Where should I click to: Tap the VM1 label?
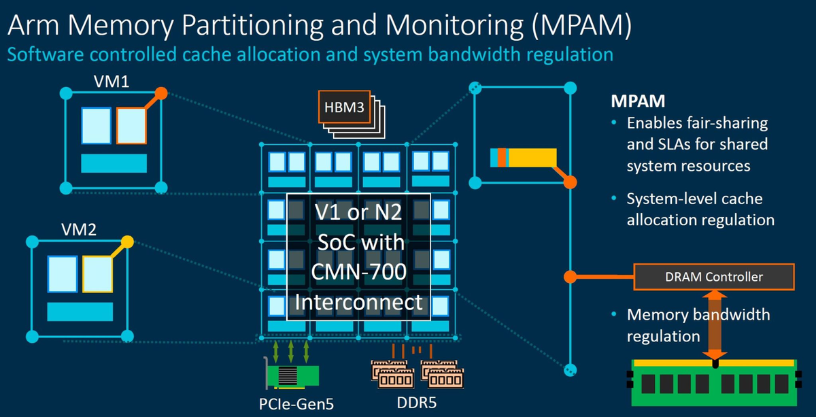click(112, 82)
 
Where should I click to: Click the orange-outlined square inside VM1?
click(131, 125)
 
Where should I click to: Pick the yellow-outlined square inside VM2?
click(97, 276)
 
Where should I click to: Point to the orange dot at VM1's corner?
click(161, 93)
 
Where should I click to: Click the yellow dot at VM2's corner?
click(126, 241)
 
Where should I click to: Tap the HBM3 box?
click(344, 107)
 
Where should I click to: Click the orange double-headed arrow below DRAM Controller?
click(714, 323)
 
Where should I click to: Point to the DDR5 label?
click(416, 403)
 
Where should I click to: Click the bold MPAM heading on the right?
click(636, 101)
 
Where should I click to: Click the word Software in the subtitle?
click(40, 54)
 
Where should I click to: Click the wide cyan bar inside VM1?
click(114, 163)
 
